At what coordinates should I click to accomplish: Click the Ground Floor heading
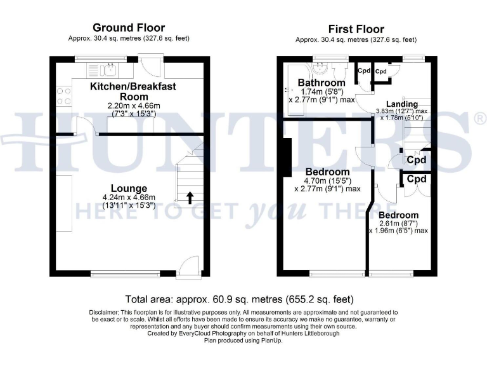tap(129, 28)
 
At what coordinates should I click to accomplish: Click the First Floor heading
tap(356, 29)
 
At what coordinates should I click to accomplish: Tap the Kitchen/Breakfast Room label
tap(133, 91)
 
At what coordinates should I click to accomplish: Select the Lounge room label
tap(129, 188)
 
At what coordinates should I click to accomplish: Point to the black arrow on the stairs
tap(190, 198)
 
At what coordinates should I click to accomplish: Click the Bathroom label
tap(321, 83)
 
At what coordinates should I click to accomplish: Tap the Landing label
tap(402, 104)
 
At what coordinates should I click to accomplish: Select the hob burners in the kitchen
tap(64, 95)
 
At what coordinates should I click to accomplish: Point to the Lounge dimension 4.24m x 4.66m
tap(129, 197)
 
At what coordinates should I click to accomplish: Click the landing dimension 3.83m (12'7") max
tap(402, 111)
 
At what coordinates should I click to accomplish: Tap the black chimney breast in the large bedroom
tap(287, 157)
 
